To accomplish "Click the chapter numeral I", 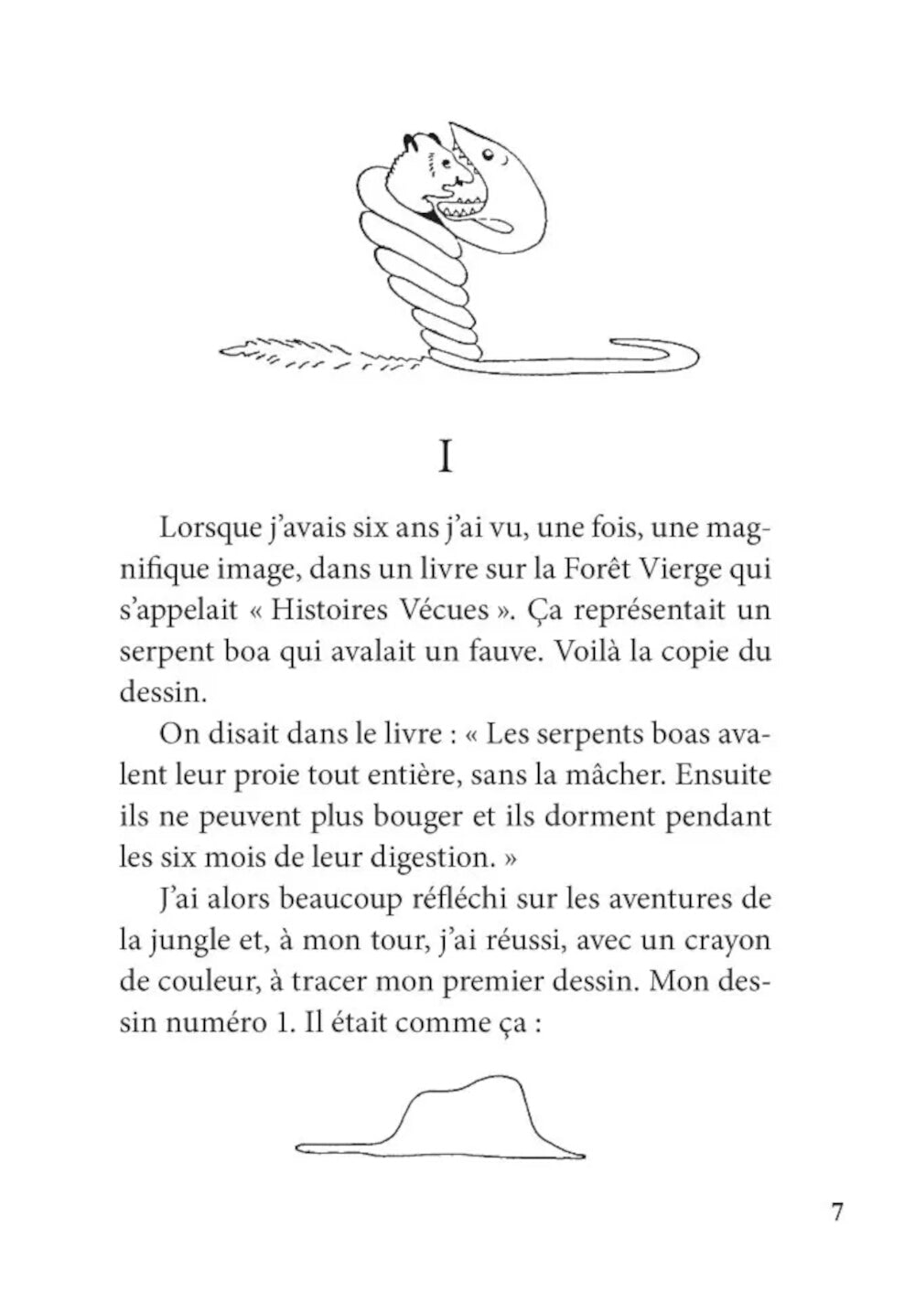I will pyautogui.click(x=446, y=456).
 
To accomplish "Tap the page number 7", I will pyautogui.click(x=836, y=1212).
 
